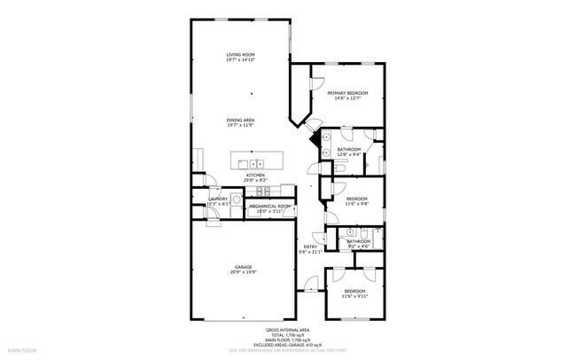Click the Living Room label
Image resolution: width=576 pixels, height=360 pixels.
(241, 57)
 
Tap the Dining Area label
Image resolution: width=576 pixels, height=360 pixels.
(241, 122)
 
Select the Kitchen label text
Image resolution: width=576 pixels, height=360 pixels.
(245, 177)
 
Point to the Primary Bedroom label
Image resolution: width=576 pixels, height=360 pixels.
(347, 96)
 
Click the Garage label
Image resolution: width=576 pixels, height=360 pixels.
(244, 270)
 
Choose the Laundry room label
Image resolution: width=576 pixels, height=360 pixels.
(218, 201)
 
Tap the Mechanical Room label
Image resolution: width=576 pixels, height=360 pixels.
(269, 208)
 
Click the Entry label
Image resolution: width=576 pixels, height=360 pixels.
(310, 249)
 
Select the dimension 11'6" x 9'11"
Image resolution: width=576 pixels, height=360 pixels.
(354, 297)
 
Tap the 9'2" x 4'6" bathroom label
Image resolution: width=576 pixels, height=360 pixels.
(358, 244)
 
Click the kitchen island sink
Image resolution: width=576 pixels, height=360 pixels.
(257, 163)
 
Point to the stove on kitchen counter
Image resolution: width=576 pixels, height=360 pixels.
(260, 191)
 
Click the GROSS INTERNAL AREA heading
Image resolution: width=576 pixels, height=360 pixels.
(287, 328)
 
